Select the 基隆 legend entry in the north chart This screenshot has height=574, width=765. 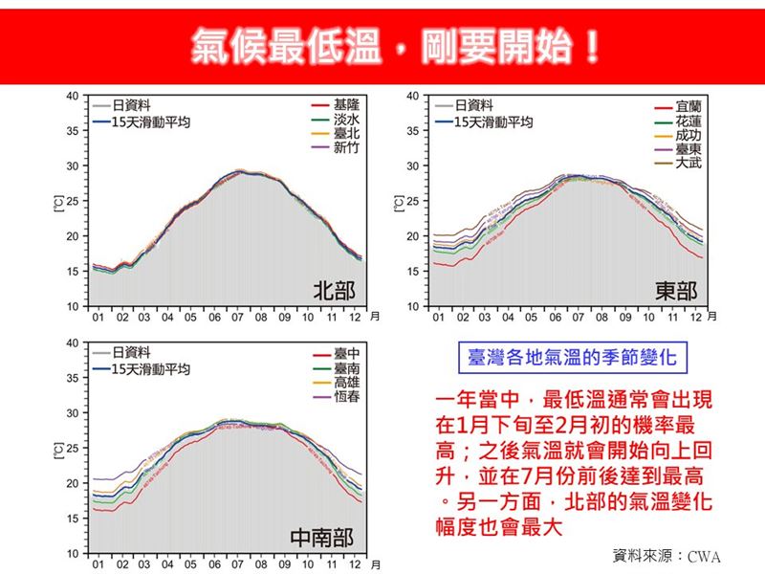coord(346,102)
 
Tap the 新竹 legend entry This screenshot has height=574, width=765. coord(346,148)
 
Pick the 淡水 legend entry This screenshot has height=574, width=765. coord(346,118)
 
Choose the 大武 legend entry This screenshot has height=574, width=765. coord(688,164)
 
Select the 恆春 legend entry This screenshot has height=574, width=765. coord(346,397)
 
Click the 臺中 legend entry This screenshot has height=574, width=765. coord(346,353)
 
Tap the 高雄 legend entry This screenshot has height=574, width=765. coord(346,383)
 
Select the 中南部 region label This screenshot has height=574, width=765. coord(322,539)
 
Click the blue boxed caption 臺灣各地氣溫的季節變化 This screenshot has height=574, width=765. coord(572,359)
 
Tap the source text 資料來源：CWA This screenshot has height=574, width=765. coord(667,556)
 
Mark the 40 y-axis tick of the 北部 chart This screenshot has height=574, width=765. coord(73,97)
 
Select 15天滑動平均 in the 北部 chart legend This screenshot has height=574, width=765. coord(150,122)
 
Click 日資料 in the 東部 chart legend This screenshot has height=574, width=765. coord(473,105)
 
